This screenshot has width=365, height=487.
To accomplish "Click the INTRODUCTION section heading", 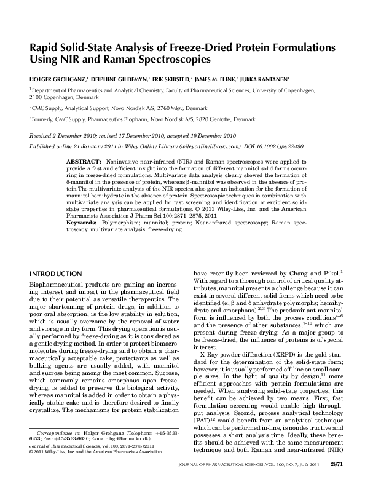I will (x=55, y=273).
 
